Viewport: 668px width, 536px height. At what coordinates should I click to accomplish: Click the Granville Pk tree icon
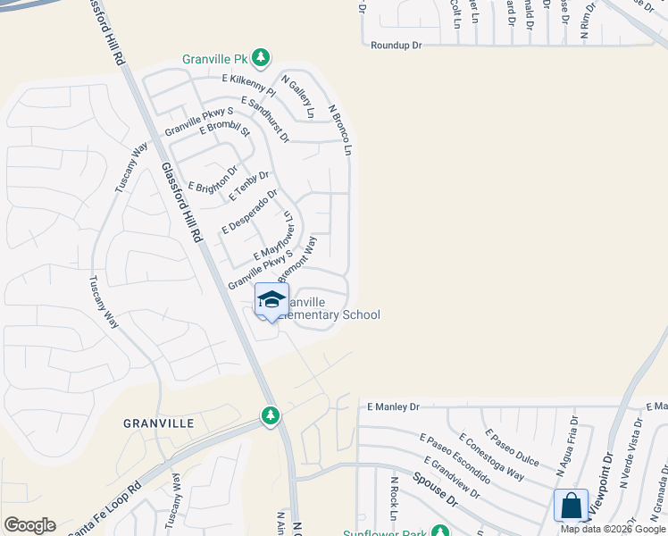[260, 59]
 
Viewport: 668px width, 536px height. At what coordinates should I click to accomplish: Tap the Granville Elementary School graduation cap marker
[271, 300]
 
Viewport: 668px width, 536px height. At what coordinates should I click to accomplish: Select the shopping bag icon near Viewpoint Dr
[571, 506]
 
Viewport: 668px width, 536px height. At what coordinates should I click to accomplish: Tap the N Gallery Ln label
[298, 96]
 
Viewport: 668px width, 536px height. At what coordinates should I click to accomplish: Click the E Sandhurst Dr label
[264, 121]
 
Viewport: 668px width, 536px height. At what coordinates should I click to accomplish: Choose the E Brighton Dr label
[213, 179]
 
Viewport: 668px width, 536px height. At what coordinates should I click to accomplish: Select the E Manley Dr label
[393, 406]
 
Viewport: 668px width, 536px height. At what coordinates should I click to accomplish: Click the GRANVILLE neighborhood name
[159, 423]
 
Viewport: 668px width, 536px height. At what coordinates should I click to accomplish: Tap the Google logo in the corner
[29, 525]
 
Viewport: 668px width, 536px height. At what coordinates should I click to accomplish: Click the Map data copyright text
[613, 529]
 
